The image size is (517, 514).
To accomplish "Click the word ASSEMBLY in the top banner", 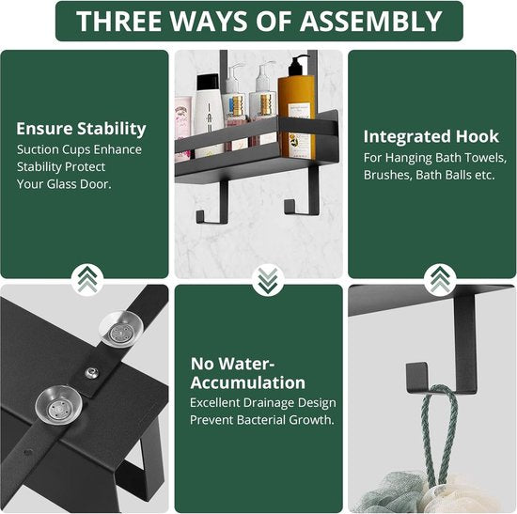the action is click(371, 22).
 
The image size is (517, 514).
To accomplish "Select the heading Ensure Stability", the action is click(81, 129).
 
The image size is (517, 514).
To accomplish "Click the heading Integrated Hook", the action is click(431, 136).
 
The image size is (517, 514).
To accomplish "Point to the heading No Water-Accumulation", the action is click(248, 373).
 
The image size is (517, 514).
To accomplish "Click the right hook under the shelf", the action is click(304, 191).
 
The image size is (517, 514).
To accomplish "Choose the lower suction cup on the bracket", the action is click(58, 406).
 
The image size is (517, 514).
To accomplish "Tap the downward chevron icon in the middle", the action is click(268, 281).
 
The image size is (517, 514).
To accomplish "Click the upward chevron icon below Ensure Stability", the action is click(87, 280).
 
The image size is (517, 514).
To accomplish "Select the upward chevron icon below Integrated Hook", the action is click(440, 280).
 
